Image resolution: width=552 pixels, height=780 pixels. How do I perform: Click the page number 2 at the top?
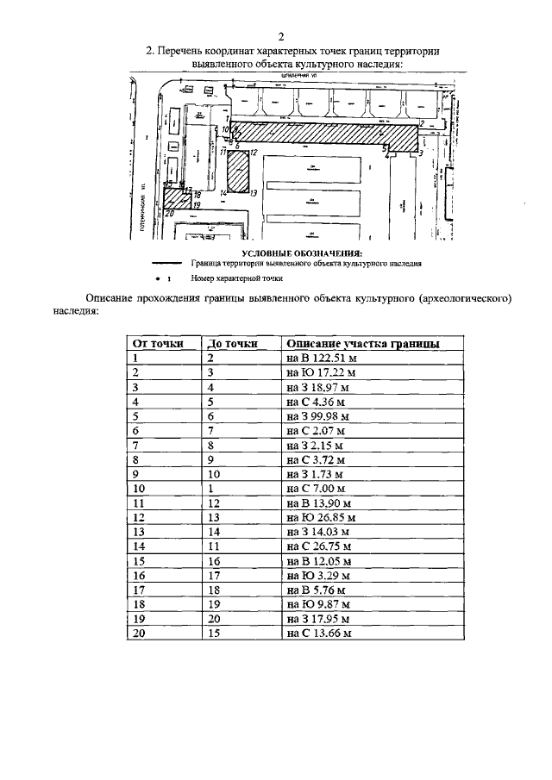(x=281, y=36)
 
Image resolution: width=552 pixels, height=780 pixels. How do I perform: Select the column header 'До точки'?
(x=232, y=343)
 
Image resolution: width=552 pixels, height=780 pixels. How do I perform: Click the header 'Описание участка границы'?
(x=362, y=343)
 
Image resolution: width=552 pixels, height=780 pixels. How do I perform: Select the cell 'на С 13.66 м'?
(x=318, y=633)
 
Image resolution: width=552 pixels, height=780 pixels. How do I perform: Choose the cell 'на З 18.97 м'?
(x=316, y=387)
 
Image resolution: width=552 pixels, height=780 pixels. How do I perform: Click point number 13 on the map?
(x=254, y=194)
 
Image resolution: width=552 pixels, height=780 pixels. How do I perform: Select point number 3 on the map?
(x=420, y=152)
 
